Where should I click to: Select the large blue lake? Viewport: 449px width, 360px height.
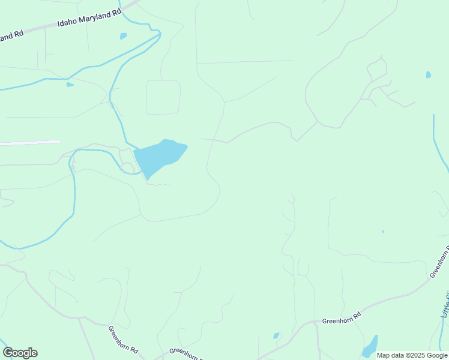coord(159,155)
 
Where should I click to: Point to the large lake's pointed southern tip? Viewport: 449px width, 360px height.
coord(148,178)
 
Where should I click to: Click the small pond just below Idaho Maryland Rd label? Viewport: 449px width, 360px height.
coord(124,36)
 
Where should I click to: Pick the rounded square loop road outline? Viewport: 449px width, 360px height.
coord(163,97)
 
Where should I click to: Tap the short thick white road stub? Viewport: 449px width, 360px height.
coord(30,142)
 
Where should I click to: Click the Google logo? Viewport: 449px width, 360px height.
coord(20,353)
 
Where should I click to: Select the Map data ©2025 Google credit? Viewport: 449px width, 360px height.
coord(412,355)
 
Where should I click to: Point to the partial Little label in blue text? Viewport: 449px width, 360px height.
coord(445,304)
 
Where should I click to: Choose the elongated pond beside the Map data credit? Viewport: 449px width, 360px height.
coord(370,347)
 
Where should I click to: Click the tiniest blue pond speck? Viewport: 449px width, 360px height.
coord(382,232)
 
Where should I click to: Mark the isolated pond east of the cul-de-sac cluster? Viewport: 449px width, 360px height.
coord(428,75)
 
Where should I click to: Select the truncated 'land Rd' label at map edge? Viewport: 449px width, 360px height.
coord(11,35)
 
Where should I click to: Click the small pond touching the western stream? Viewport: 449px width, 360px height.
coord(70,85)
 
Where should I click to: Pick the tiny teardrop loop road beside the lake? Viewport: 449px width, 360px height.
coord(127,168)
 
